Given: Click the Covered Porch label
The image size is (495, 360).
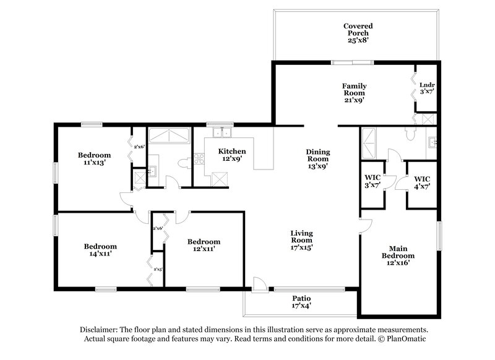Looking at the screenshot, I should pyautogui.click(x=358, y=33).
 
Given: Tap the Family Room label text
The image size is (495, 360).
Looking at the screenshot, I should pyautogui.click(x=355, y=93).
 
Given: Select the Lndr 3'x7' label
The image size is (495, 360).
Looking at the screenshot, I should pyautogui.click(x=426, y=88).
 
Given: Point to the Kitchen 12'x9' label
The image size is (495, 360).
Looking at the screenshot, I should pyautogui.click(x=232, y=155).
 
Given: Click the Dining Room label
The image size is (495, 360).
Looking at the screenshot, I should pyautogui.click(x=317, y=158).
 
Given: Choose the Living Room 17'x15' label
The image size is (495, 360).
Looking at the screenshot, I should pyautogui.click(x=302, y=240).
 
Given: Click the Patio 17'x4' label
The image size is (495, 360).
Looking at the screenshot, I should pyautogui.click(x=301, y=302).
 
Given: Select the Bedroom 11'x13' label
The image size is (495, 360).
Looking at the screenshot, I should pyautogui.click(x=94, y=158).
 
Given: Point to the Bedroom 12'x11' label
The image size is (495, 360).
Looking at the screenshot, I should pyautogui.click(x=204, y=245).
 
